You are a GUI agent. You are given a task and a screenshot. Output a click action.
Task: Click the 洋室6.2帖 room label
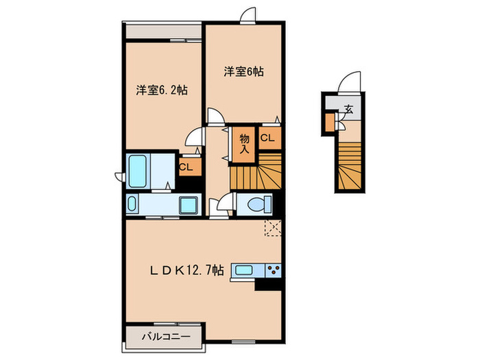[162, 89]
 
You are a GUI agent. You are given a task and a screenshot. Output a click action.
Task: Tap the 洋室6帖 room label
[243, 71]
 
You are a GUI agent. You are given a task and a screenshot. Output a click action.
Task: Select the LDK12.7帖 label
[187, 270]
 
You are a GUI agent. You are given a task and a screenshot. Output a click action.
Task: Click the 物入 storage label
[245, 144]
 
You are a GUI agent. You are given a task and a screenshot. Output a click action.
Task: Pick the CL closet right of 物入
[267, 138]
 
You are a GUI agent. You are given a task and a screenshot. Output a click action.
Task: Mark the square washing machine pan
[187, 204]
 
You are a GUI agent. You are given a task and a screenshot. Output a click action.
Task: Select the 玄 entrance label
[348, 108]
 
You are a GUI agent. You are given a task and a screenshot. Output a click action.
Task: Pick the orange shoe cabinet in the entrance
[330, 121]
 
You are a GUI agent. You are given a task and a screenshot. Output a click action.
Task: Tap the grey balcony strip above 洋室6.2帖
[163, 32]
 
